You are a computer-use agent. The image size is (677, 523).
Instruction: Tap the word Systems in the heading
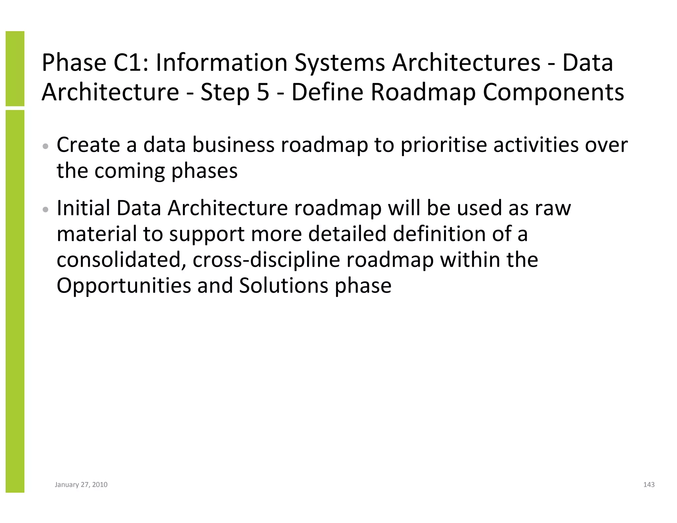click(339, 63)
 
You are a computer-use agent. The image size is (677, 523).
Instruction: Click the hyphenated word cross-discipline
click(266, 260)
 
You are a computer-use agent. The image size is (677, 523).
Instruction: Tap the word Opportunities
click(124, 286)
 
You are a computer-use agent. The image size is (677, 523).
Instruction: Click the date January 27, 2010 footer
click(81, 485)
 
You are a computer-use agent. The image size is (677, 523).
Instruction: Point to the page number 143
click(649, 485)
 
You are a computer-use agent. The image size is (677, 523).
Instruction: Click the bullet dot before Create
click(46, 146)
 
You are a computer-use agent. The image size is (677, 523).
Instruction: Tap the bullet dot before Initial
click(46, 210)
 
